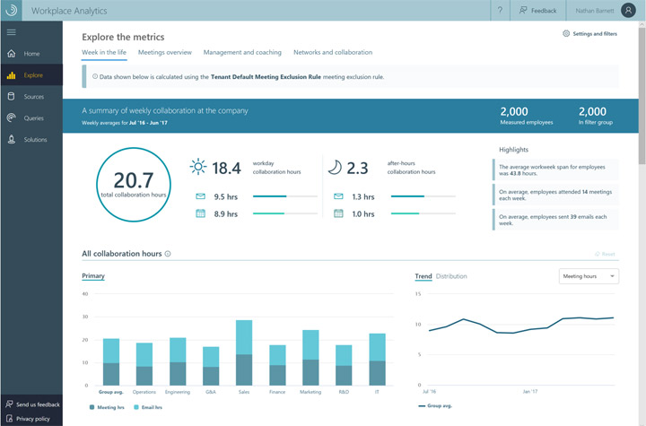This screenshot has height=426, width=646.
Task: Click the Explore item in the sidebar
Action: point(31,75)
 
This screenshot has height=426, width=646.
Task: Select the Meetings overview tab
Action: point(164,53)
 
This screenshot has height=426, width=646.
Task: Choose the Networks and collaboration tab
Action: point(332,53)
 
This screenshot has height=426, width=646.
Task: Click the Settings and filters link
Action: point(589,33)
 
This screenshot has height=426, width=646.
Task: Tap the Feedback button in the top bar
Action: point(537,11)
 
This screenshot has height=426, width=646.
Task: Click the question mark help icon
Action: point(500,11)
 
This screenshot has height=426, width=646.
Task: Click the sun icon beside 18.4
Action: point(197,167)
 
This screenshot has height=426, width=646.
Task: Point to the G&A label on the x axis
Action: point(210,392)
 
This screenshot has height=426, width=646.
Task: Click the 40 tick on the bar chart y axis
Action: point(85,293)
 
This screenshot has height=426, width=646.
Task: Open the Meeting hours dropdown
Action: point(589,276)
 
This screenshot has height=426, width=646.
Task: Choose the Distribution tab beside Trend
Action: point(451,276)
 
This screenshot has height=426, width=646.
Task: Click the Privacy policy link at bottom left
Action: point(32,418)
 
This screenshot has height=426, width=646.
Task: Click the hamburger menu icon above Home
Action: point(11,32)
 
